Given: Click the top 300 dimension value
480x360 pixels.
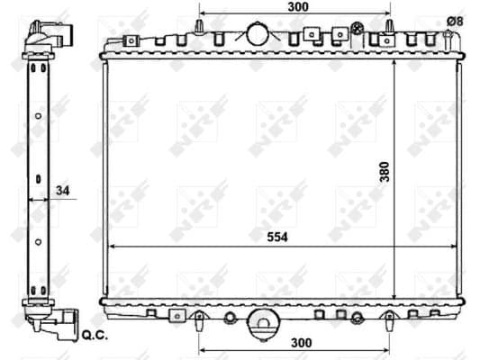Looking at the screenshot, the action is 298,6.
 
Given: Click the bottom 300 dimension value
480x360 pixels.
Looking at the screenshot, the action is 302,343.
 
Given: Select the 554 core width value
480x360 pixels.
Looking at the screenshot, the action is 277,237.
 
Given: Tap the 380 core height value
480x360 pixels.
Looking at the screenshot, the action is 385,172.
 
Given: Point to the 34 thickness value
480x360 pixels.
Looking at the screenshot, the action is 63,191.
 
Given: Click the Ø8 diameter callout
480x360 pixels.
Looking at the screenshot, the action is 455,22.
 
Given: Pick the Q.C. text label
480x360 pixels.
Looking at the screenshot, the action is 95,336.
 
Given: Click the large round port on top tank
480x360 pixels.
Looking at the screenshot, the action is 258,33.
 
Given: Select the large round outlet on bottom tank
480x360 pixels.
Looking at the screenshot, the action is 263,324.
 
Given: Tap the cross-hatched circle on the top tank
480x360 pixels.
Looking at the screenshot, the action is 357,29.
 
